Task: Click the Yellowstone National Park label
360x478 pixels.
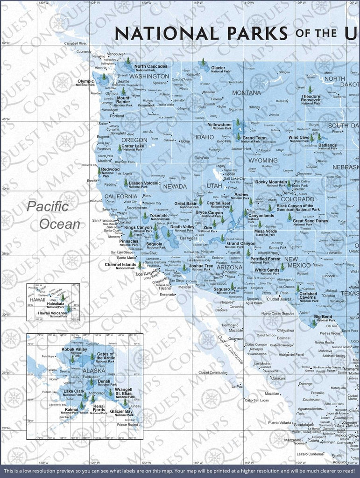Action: [219, 127]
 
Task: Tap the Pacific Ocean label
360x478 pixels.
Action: [54, 215]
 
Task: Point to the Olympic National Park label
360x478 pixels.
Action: [85, 83]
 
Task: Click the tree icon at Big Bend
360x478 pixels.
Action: [314, 323]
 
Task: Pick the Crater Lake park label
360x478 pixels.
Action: [133, 148]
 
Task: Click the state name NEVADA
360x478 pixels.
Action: [175, 186]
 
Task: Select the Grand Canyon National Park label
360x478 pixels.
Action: [241, 245]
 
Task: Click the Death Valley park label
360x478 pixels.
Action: [182, 228]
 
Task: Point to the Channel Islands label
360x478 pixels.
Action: [120, 266]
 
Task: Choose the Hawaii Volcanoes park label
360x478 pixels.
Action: [52, 314]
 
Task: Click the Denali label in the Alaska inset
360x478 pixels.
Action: [104, 383]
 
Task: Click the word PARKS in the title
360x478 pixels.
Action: [251, 34]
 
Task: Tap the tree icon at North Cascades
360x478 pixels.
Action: [128, 61]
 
